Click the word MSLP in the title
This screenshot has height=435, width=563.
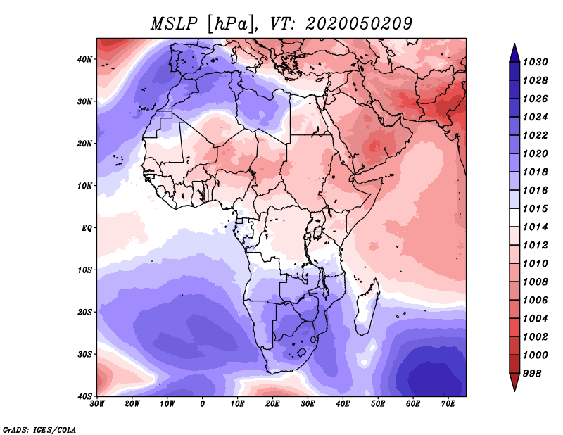[x=174, y=24]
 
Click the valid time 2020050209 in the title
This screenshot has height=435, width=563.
[x=359, y=24]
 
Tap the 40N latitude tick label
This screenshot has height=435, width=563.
[x=84, y=59]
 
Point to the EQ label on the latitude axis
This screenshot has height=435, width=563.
[x=87, y=228]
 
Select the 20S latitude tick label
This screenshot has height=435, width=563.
[x=84, y=312]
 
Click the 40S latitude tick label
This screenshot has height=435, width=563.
[x=84, y=396]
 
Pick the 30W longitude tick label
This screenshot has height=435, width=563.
[x=97, y=404]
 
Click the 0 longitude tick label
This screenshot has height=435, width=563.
[x=203, y=404]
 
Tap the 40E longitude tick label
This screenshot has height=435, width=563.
[x=343, y=404]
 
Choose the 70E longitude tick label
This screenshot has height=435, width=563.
[x=448, y=404]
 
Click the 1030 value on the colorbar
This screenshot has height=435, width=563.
[x=535, y=62]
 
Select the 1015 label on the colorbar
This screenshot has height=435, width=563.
[x=535, y=208]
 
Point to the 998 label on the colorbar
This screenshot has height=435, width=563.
[x=532, y=374]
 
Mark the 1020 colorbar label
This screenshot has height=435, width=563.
[x=535, y=153]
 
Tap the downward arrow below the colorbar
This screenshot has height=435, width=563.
[x=514, y=382]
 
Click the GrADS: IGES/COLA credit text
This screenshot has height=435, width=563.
[x=39, y=429]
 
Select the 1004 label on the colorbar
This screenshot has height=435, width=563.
[x=535, y=319]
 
